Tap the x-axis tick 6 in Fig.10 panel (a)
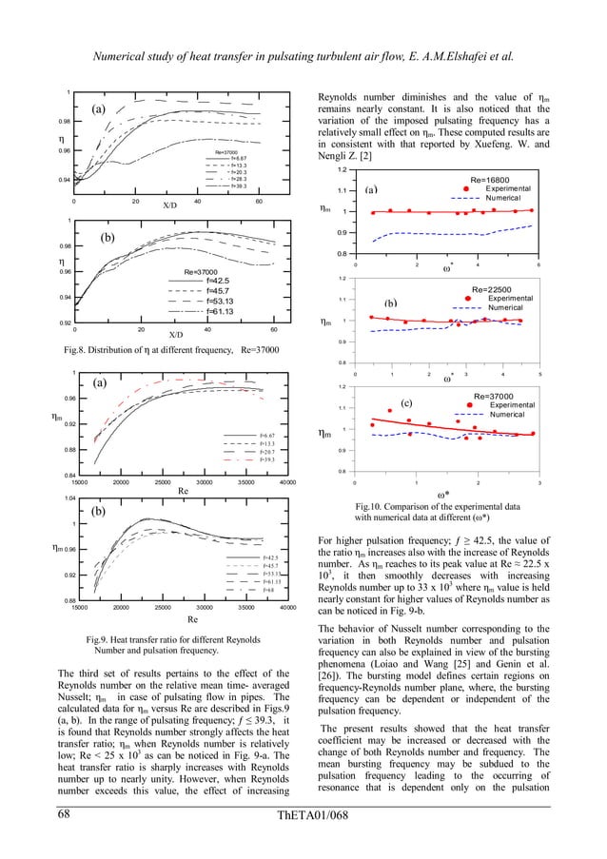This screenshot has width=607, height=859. click(x=538, y=264)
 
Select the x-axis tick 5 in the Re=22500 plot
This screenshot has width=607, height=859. click(x=538, y=375)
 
